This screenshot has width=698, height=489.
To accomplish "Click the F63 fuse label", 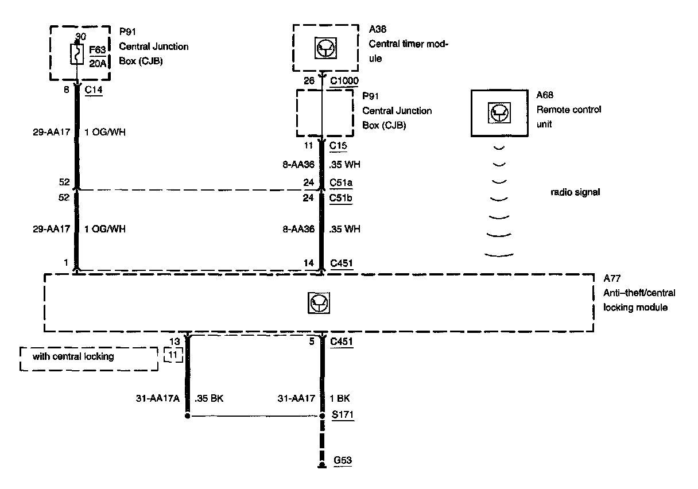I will [x=98, y=51].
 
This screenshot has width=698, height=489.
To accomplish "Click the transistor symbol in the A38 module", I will [x=323, y=49].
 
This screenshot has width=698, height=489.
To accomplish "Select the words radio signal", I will [x=575, y=192].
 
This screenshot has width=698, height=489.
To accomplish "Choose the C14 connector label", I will [x=94, y=90].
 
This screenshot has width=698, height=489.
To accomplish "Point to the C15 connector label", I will [x=339, y=146].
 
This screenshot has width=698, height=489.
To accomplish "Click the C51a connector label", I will [x=342, y=183].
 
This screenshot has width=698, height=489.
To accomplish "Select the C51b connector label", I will [x=342, y=198].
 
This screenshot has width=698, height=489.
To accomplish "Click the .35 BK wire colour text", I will [x=210, y=398].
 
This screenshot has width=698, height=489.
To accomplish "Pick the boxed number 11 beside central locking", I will [x=173, y=356].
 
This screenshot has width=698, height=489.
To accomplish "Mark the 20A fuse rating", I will [x=98, y=63].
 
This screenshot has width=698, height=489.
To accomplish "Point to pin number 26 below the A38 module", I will [x=309, y=80].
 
